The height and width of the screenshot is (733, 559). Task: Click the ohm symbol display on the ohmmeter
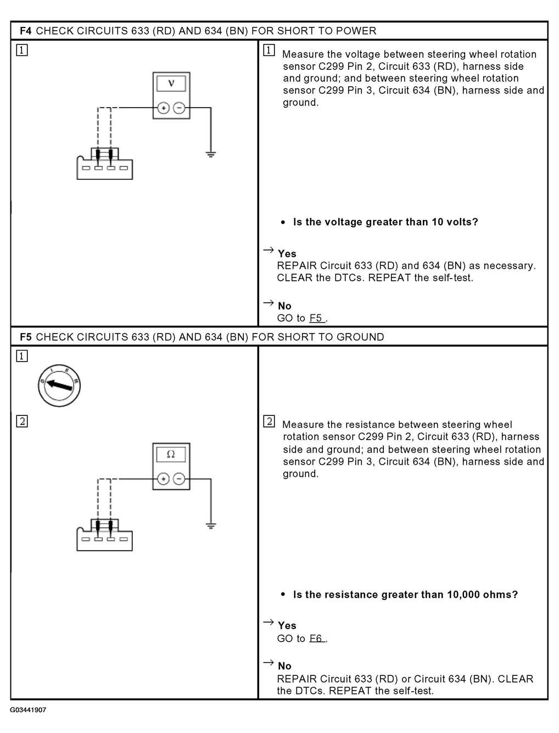coord(171,455)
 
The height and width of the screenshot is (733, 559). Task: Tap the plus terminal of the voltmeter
coord(163,108)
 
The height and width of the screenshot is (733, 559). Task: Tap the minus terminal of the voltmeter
coord(179,108)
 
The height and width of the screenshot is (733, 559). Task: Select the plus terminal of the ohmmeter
coord(163,479)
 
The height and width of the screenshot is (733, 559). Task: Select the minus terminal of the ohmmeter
coord(179,479)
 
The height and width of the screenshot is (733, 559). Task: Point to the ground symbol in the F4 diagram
coord(211,154)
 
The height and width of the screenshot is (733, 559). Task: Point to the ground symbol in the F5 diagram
coord(211,525)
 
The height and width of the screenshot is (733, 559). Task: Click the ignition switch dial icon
coord(59,386)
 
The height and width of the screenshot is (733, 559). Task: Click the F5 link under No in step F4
coord(317,318)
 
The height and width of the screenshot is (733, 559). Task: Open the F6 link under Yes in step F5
coord(317,638)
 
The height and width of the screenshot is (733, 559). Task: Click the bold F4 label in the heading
coord(26,31)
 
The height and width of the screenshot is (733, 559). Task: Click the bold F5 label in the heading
coord(26,337)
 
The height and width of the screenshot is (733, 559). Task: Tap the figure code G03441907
coord(28,710)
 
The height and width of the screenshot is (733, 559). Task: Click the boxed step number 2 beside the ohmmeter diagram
coord(22,421)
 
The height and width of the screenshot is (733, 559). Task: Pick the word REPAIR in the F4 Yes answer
coord(297,266)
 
